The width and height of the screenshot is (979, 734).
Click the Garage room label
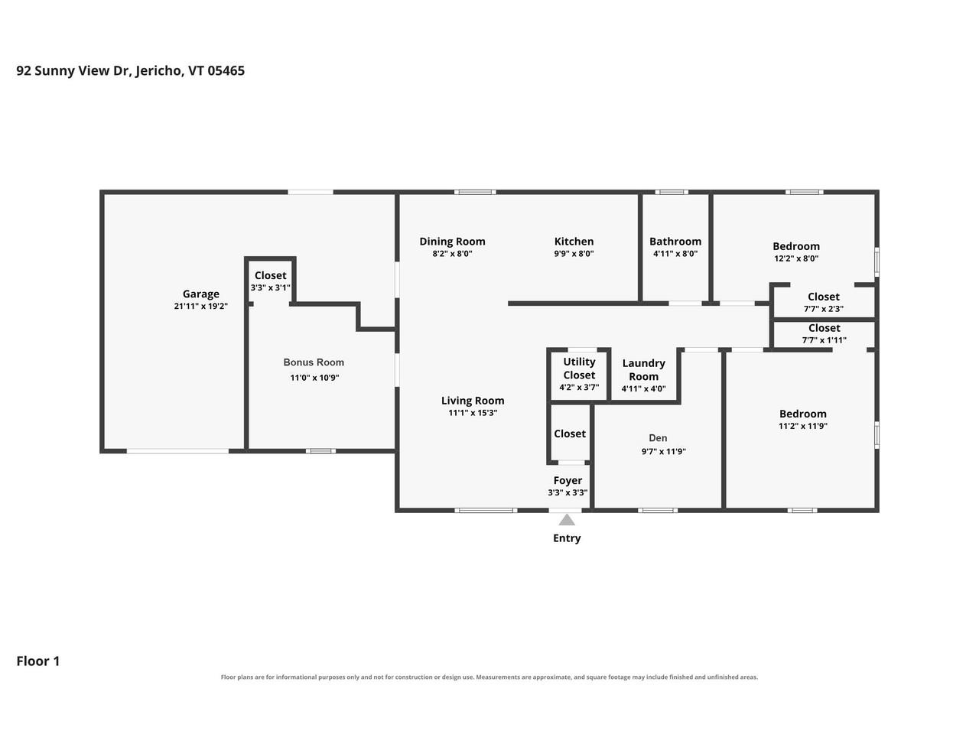coord(200,294)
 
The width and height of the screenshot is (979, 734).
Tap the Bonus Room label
coord(314,362)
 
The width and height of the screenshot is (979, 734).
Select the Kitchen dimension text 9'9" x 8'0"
coord(574,254)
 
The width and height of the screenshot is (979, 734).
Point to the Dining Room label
coord(452,242)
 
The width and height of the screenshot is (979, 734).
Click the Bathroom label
coord(675,242)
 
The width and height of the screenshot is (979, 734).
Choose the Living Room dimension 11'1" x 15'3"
coord(473,413)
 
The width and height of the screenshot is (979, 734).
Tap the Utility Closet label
coord(579,369)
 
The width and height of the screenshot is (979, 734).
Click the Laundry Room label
coord(643,370)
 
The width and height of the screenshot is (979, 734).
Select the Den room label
coord(658,438)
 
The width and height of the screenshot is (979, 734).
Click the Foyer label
coord(568,480)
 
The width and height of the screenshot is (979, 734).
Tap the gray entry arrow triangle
coord(567,520)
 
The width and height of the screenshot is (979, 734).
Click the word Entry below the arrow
coord(567,538)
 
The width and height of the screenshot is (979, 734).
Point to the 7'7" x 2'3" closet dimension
coord(823,309)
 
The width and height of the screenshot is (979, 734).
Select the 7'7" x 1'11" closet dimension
coord(824,340)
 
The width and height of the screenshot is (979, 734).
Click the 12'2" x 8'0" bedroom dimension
coord(796,258)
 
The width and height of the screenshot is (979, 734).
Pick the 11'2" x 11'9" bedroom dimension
coord(803,426)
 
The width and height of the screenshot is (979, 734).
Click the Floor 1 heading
coord(38,661)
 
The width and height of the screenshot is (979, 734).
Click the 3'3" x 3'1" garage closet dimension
coord(270,288)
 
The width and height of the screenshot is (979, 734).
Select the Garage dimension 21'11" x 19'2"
coord(200,306)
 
